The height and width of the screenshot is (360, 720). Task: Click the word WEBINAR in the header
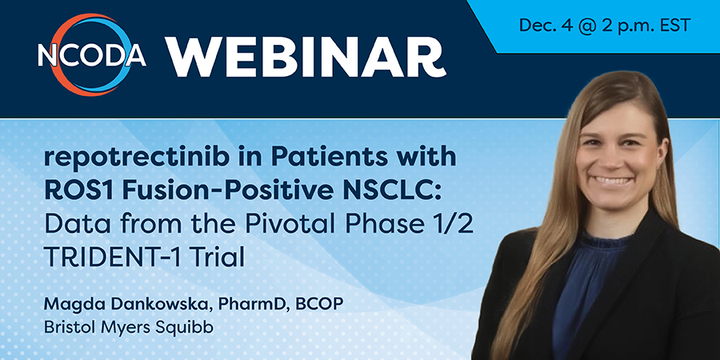[306, 57]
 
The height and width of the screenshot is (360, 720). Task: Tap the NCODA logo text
[92, 56]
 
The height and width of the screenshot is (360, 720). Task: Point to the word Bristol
[66, 327]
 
